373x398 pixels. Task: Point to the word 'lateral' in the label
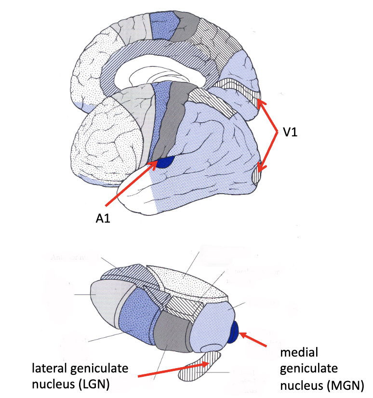click(50, 369)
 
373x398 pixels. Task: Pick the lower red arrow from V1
click(267, 152)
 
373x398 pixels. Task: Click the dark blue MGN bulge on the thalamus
click(234, 333)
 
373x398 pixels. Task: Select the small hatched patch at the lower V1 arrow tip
click(257, 173)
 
